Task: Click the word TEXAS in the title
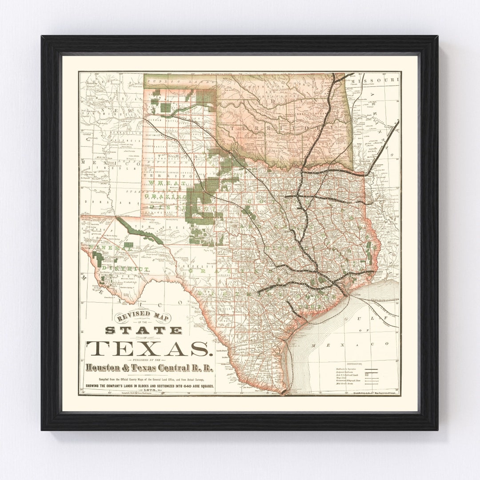148,348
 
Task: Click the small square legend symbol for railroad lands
366,376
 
